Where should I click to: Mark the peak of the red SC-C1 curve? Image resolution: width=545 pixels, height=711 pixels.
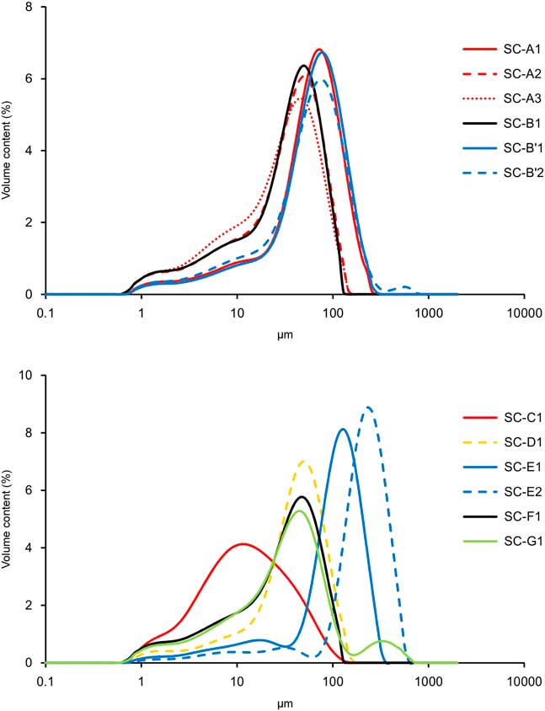tap(243, 543)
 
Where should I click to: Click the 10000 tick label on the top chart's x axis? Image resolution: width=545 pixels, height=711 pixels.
tap(524, 311)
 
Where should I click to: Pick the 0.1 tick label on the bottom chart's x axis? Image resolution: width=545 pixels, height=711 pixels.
tap(45, 680)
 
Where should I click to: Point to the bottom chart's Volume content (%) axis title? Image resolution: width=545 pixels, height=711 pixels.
tap(8, 520)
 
